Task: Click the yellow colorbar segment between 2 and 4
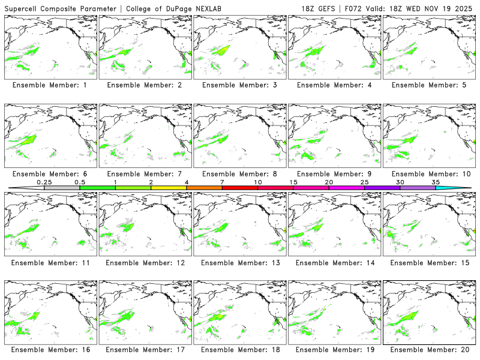[169, 188]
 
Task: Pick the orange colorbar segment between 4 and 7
[204, 188]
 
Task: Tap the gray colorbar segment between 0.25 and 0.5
[62, 188]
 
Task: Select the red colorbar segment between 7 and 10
[239, 188]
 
